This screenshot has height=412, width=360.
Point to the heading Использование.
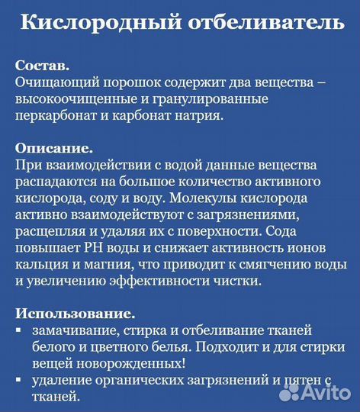coord(74,313)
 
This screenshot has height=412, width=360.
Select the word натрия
coord(201,115)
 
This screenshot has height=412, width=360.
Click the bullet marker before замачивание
coord(18,330)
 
